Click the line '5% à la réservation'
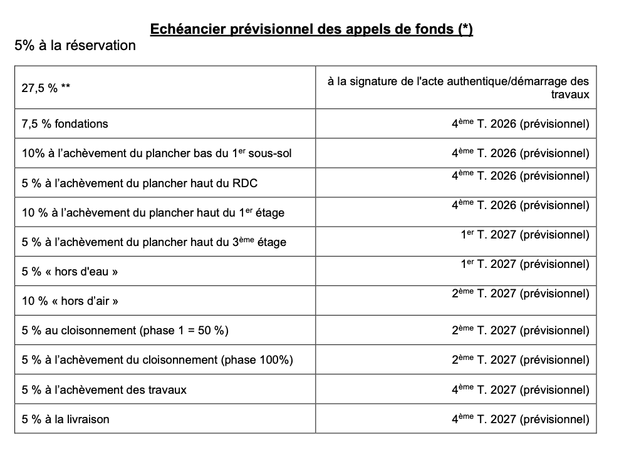pyautogui.click(x=75, y=46)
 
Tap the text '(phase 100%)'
pyautogui.click(x=261, y=360)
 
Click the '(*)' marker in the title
pyautogui.click(x=464, y=29)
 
